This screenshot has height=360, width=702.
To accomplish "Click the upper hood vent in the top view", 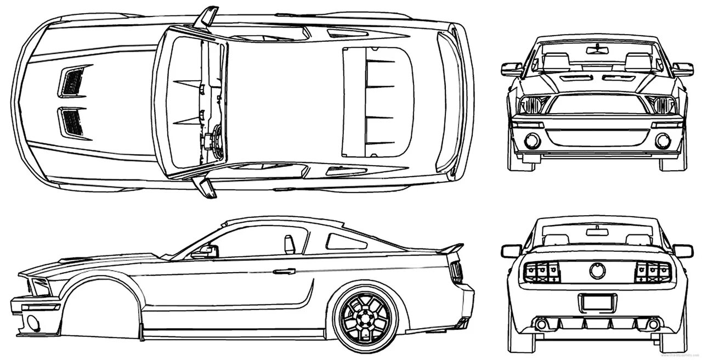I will coord(73,81).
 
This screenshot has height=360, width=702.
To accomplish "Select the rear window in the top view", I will coord(377,101).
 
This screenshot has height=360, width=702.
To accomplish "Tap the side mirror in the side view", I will coord(206,251).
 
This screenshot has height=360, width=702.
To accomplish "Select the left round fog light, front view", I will coord(532,141).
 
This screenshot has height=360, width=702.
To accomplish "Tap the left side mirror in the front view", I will coord(512,69).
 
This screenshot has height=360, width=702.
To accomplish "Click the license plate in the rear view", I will coord(597,302).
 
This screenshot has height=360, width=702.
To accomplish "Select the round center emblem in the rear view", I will coord(597,271).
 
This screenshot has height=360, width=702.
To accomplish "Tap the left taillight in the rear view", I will coord(541,272).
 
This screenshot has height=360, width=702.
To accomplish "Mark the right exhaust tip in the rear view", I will coord(653,324).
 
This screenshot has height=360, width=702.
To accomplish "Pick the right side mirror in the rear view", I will coord(682,251).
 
